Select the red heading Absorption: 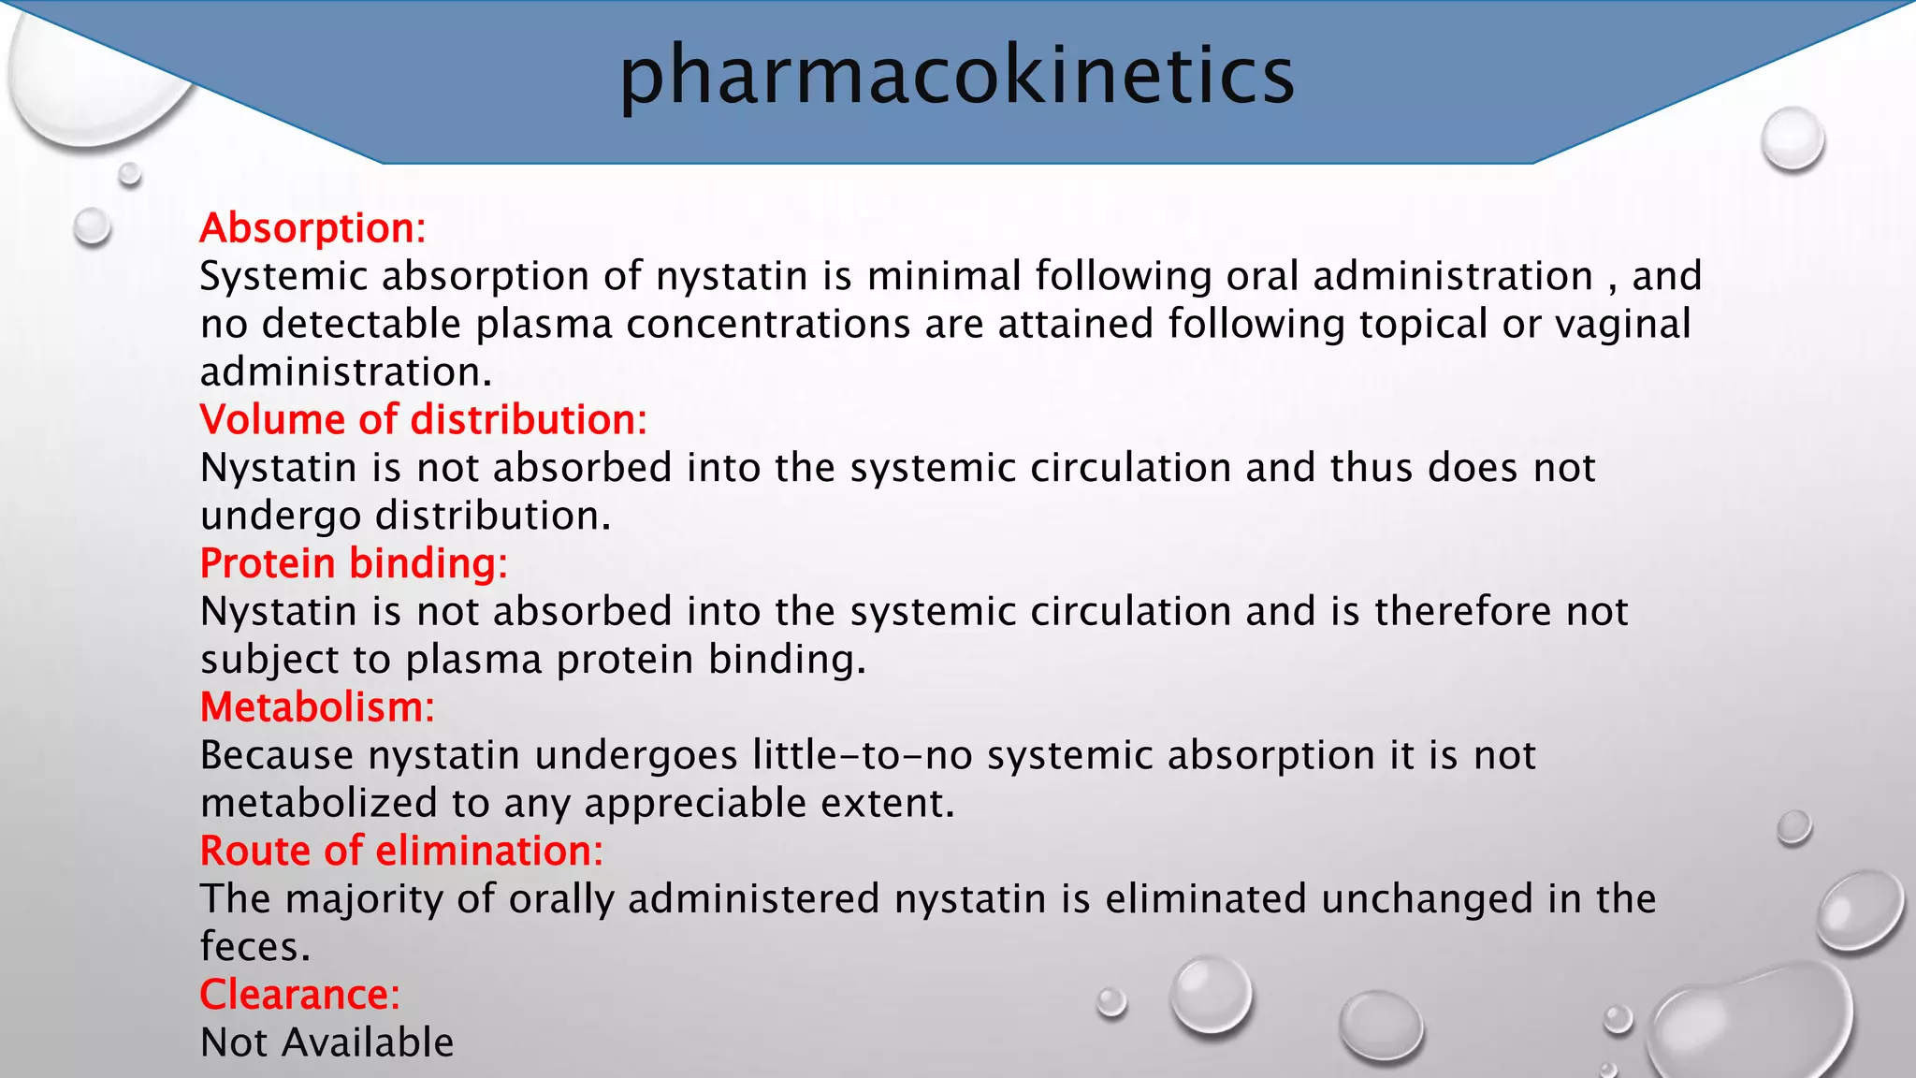pos(313,228)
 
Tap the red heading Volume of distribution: pos(423,420)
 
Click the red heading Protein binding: pos(354,563)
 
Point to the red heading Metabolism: pos(317,707)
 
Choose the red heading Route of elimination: pos(401,852)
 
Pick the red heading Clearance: pos(299,995)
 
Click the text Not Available pos(327,1042)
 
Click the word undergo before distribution pos(281,517)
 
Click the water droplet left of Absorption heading pos(93,227)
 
